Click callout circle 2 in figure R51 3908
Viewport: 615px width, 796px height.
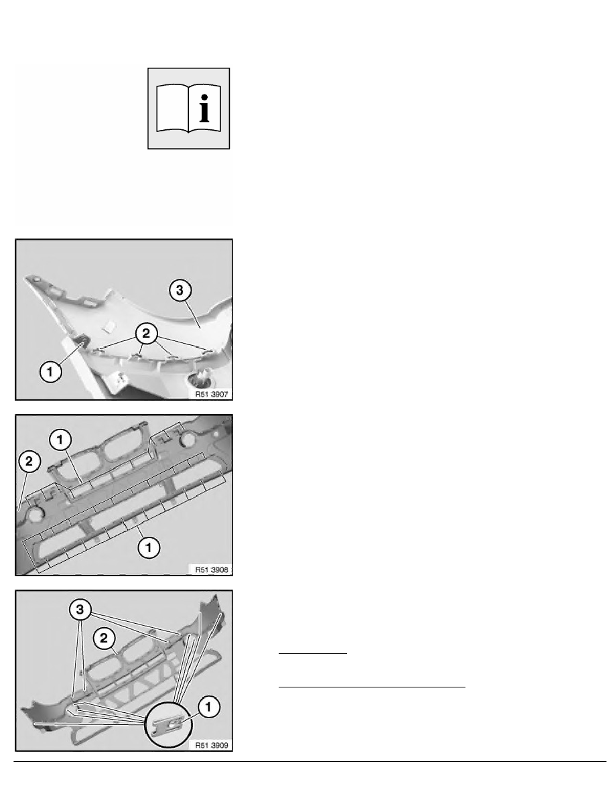(29, 462)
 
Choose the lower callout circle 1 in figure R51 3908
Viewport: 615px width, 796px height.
(149, 547)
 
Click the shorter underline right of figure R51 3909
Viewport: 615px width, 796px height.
(312, 652)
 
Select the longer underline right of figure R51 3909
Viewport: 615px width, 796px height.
(371, 687)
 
